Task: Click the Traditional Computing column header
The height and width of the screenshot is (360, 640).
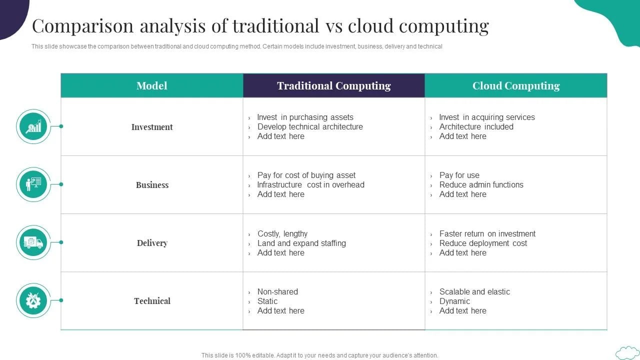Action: click(333, 85)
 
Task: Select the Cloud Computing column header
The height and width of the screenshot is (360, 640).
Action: click(516, 85)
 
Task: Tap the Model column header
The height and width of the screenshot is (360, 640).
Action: click(152, 85)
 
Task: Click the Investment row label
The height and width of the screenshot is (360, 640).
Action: click(152, 127)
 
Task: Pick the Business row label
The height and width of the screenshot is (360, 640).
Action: click(152, 185)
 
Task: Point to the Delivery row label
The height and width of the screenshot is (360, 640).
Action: click(152, 243)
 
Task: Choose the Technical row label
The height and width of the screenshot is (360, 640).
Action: click(152, 301)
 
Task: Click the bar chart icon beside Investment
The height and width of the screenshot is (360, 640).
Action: click(33, 126)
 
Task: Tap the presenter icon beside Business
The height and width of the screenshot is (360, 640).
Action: click(33, 184)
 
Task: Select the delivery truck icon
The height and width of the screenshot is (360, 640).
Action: click(33, 242)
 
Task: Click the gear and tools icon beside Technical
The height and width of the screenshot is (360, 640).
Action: click(33, 300)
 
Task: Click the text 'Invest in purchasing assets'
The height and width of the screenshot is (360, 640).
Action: click(305, 117)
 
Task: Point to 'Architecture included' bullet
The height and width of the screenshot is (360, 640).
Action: click(476, 126)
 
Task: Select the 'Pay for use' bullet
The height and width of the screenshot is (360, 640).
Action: click(459, 175)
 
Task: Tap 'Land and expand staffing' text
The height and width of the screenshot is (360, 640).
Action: click(301, 243)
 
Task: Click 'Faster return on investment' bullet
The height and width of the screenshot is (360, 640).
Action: click(487, 233)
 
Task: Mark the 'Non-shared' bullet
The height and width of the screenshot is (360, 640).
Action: click(277, 291)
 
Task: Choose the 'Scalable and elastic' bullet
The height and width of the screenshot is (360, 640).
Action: click(474, 291)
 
